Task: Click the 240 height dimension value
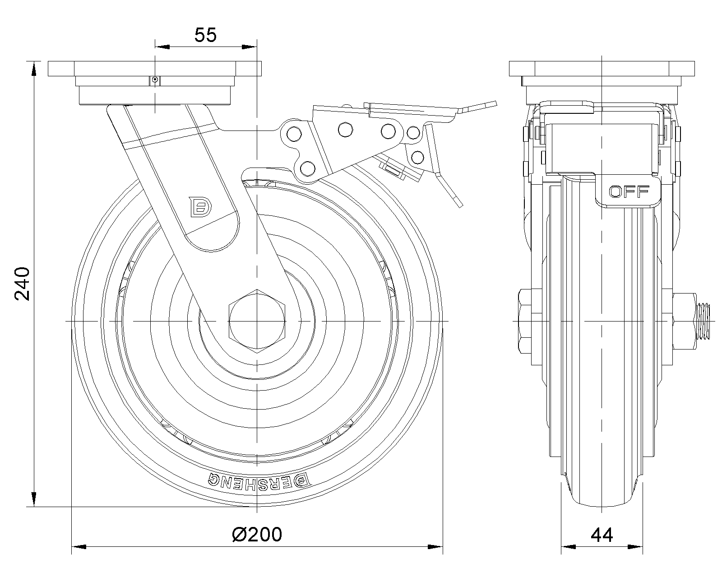coord(22,284)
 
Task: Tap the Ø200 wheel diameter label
coord(257,534)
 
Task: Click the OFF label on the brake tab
coord(629,192)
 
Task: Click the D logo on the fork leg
coord(200,206)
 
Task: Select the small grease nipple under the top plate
coord(155,80)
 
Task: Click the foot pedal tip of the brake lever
coord(480,106)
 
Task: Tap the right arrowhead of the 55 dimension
coord(249,47)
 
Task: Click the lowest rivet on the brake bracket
coord(308,168)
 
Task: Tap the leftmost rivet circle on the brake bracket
coord(294,134)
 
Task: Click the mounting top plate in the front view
coord(155,69)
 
